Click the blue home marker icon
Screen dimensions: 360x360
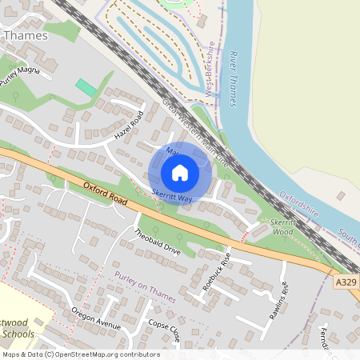pyautogui.click(x=180, y=172)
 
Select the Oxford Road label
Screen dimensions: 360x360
pyautogui.click(x=104, y=196)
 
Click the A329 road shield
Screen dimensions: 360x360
pyautogui.click(x=346, y=282)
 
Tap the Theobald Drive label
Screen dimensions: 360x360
pyautogui.click(x=158, y=242)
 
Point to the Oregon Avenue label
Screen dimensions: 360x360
pyautogui.click(x=95, y=318)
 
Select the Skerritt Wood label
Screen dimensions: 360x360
pyautogui.click(x=284, y=226)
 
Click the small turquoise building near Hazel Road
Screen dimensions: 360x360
pyautogui.click(x=86, y=88)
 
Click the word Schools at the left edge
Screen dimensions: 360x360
pyautogui.click(x=18, y=333)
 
